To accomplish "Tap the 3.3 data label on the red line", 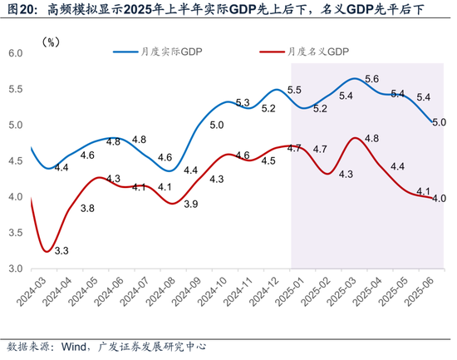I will click(61, 249).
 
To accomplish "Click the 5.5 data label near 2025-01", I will click(294, 90).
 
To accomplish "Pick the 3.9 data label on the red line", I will click(190, 204).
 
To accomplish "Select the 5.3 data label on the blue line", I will click(243, 103).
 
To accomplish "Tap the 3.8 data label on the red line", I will click(86, 208).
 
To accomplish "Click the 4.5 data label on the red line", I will click(268, 161).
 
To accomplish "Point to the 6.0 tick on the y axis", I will click(15, 53).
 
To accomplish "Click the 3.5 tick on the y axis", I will click(15, 233).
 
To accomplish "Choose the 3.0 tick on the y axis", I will click(15, 269).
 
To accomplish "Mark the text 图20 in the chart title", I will click(20, 11).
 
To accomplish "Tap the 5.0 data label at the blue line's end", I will click(439, 122).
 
